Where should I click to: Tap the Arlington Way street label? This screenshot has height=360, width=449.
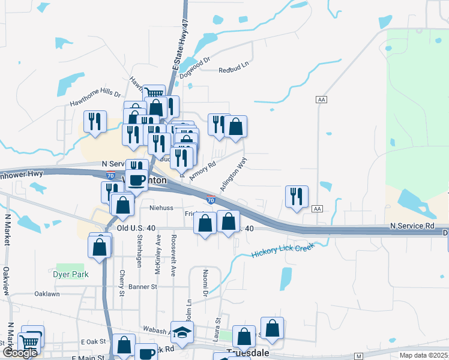coord(234,175)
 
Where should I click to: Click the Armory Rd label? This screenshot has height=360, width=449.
coord(202,171)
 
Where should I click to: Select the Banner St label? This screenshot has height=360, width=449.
coord(142,287)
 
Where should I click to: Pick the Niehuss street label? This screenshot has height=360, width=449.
coord(161,208)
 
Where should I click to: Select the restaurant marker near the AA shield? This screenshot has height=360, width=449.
coord(297,196)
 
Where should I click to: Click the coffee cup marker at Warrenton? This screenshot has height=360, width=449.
coord(137,179)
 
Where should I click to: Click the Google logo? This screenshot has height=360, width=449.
coord(20,353)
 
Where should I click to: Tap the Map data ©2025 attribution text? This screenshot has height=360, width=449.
coord(423,355)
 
